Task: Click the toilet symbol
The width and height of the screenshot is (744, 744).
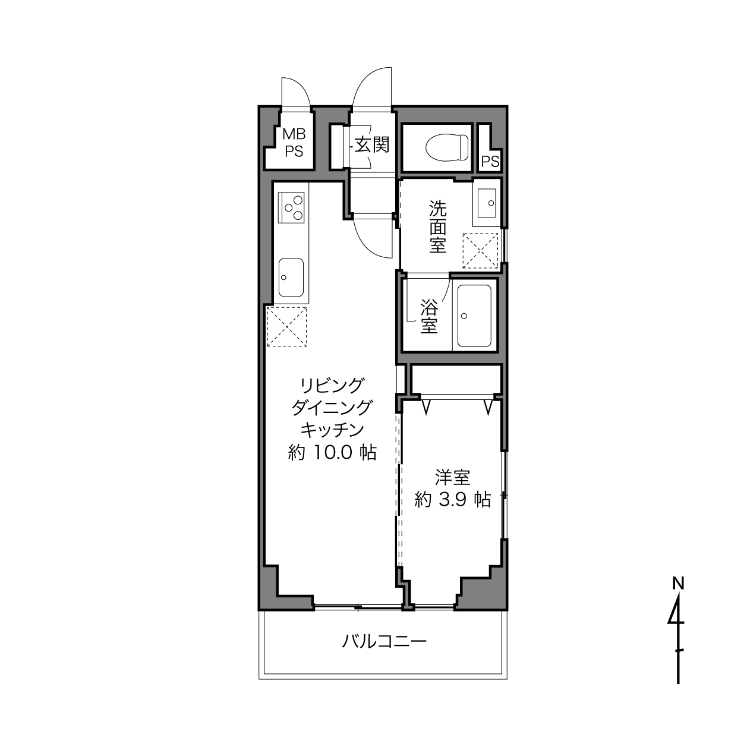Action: (x=447, y=147)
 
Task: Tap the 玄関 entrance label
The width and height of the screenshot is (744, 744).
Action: (x=372, y=145)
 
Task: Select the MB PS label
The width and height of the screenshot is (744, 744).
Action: (x=294, y=143)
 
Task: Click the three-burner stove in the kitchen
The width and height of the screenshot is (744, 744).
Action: (x=291, y=207)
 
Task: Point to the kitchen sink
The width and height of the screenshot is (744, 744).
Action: (x=291, y=277)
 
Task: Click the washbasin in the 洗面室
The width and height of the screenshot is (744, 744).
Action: (x=487, y=203)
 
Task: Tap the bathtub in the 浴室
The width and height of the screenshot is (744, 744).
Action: (x=474, y=316)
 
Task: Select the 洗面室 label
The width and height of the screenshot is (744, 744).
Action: (x=438, y=226)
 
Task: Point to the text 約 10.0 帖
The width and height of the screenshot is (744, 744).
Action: (x=332, y=452)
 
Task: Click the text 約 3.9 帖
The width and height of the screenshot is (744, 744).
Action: (x=452, y=500)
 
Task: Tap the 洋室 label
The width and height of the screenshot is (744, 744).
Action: (x=452, y=477)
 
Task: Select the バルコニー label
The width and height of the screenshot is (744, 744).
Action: (x=384, y=641)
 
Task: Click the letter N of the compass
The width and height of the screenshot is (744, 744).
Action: (x=678, y=584)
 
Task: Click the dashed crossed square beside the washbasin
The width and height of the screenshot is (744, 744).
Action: (x=480, y=251)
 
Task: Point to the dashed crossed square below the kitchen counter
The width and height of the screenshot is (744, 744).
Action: (x=287, y=327)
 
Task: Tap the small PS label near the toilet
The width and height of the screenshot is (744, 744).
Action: (x=490, y=161)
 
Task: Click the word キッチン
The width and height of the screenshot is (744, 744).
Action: (x=332, y=430)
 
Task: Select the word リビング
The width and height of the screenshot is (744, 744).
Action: (x=332, y=385)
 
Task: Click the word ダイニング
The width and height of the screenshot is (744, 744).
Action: (x=332, y=407)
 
